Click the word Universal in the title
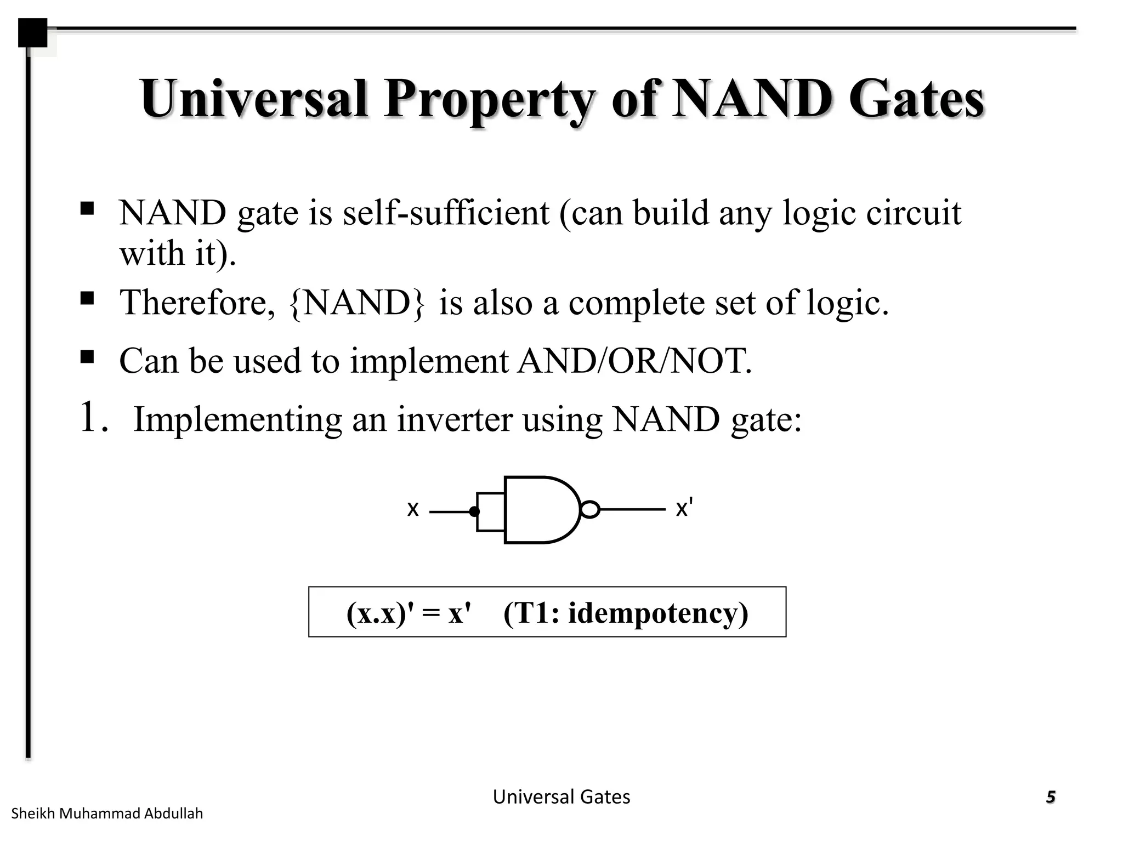(253, 99)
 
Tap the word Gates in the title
(916, 100)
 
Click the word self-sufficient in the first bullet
(446, 213)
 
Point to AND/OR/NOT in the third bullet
(634, 361)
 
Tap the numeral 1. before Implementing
(93, 417)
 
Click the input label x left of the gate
(412, 509)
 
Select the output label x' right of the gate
(684, 508)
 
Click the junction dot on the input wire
(474, 512)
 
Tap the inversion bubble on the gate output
(589, 510)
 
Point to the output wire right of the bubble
(632, 510)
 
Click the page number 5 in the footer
(1050, 797)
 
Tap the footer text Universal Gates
(561, 797)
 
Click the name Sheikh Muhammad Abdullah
(107, 813)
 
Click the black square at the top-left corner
(32, 32)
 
